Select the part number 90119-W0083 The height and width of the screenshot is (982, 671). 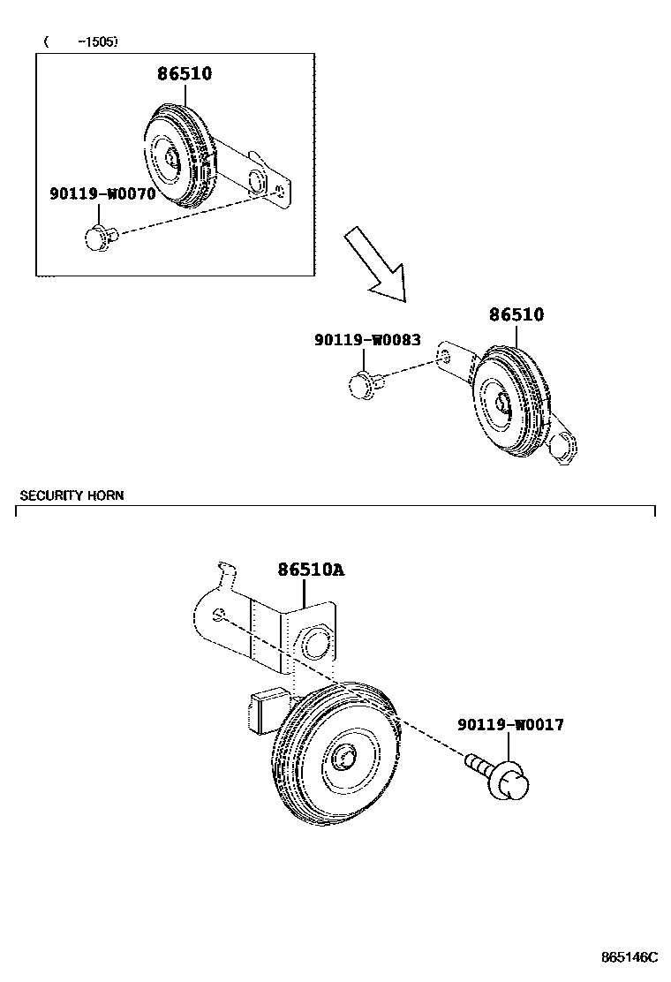[367, 339]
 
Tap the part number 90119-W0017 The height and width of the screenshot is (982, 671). [510, 725]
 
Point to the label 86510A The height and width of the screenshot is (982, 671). [311, 570]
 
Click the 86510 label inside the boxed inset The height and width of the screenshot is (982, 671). [185, 74]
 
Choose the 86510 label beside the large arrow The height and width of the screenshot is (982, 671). [516, 315]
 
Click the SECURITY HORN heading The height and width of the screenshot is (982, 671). [72, 495]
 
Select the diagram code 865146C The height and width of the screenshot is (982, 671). [630, 957]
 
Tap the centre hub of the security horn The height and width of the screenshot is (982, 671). [343, 756]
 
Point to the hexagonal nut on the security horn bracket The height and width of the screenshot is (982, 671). [313, 642]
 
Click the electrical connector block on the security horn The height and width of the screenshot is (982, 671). [263, 711]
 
